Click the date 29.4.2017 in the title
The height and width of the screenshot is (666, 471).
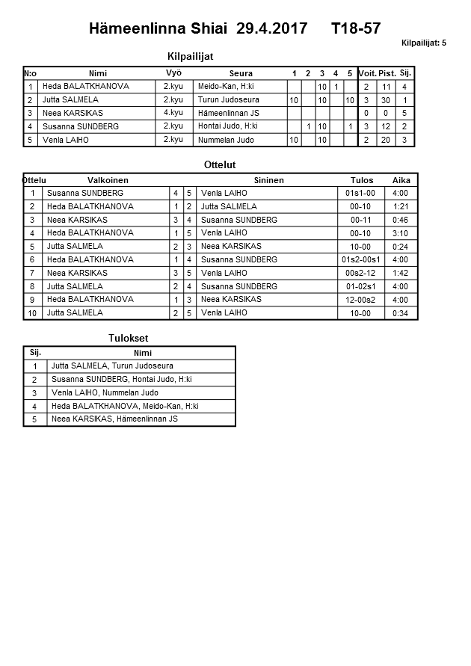(x=271, y=29)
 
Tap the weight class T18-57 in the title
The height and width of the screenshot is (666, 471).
(x=355, y=29)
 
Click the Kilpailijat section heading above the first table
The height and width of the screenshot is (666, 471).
(x=195, y=55)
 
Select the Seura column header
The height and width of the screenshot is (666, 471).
(x=240, y=73)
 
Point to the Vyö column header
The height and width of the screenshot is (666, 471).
(x=173, y=73)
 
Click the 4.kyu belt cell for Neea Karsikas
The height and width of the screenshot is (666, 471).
(x=173, y=113)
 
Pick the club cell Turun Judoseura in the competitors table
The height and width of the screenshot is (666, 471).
(x=229, y=99)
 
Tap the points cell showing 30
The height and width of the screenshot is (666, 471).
(x=387, y=100)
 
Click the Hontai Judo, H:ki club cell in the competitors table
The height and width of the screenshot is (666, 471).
(x=228, y=126)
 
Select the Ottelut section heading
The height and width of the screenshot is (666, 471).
(x=220, y=164)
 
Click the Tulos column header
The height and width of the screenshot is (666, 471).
(x=362, y=180)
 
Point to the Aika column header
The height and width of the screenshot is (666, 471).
(x=401, y=180)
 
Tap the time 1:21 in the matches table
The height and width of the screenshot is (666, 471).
(x=400, y=206)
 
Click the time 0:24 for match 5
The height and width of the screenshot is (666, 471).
(x=400, y=247)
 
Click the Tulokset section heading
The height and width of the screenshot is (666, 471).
(x=129, y=339)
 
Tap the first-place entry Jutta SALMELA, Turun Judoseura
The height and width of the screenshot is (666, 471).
(x=112, y=366)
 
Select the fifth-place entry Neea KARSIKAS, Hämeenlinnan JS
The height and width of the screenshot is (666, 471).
(x=114, y=419)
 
